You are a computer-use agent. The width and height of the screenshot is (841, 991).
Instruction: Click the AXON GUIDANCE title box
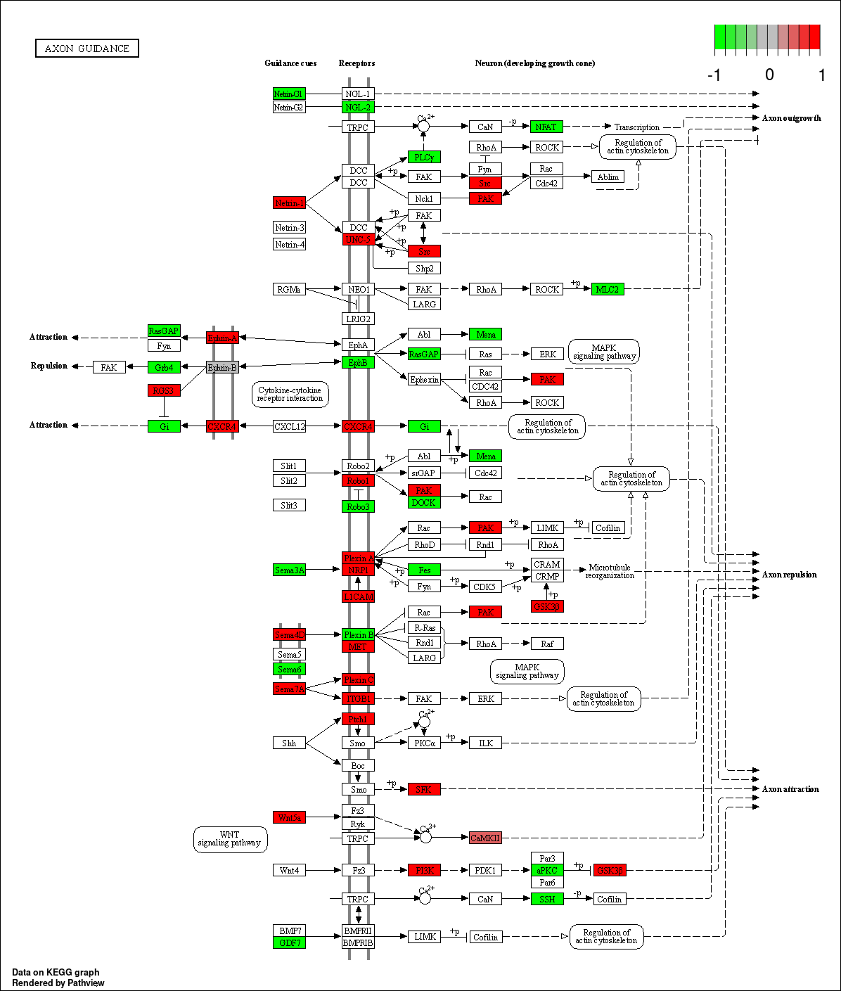click(x=87, y=49)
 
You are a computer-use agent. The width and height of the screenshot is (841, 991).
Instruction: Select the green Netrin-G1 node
click(x=289, y=94)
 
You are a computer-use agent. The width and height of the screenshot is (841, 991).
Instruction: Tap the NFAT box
click(x=546, y=127)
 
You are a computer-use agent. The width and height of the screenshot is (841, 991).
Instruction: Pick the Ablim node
click(x=608, y=177)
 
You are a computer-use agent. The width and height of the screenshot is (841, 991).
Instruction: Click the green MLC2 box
click(x=608, y=289)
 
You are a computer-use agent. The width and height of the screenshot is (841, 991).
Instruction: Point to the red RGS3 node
click(x=164, y=390)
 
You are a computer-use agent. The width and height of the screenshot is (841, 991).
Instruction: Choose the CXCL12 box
click(x=290, y=426)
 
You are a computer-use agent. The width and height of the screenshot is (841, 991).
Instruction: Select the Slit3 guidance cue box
click(x=289, y=505)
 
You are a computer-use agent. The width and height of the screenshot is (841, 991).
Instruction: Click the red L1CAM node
click(x=358, y=596)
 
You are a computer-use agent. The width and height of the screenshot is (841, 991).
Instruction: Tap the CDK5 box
click(x=484, y=587)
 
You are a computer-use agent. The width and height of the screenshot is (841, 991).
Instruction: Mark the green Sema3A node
click(x=289, y=570)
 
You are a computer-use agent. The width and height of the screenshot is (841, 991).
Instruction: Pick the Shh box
click(x=289, y=743)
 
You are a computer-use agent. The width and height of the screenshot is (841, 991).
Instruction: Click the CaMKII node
click(x=485, y=838)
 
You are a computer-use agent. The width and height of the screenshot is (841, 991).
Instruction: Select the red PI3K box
click(x=424, y=870)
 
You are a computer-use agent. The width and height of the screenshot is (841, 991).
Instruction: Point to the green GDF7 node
click(x=289, y=942)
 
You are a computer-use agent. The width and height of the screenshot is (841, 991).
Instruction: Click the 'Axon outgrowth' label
click(x=791, y=118)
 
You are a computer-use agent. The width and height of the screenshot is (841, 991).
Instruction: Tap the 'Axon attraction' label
click(x=790, y=789)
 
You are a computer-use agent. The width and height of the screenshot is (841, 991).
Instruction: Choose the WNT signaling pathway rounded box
click(x=230, y=838)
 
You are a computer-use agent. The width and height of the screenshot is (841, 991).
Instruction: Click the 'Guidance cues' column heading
click(x=290, y=63)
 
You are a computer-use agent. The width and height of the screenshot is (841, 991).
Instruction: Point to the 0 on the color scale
click(x=769, y=75)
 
